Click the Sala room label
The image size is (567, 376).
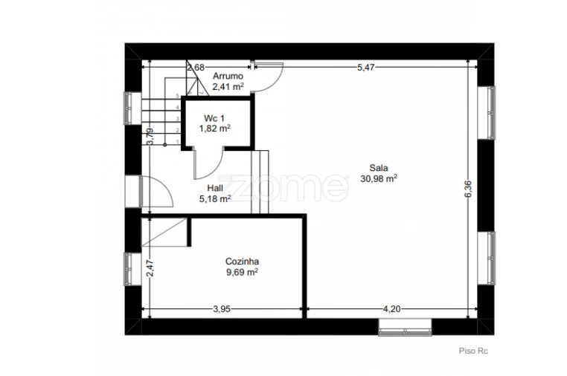pos(379,168)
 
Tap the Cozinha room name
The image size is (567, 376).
pos(242,262)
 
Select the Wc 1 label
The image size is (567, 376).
pos(214,118)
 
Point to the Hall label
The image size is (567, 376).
pos(215,188)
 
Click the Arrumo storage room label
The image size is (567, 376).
pos(228,77)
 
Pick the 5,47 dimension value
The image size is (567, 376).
pos(366,68)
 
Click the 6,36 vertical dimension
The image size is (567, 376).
pos(468,189)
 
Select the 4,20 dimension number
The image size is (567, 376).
pos(391,309)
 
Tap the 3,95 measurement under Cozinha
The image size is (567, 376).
pos(222,309)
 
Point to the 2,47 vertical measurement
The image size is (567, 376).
pos(150,268)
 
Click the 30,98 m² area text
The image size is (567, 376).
pos(379,178)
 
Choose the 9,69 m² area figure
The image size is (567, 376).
pos(242,272)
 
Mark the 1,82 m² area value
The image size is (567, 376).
pos(215,129)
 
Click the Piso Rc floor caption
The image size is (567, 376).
pos(473,351)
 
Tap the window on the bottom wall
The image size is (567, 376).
pos(405,327)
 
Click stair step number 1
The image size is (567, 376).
pos(178,142)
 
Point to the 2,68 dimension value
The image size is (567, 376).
pos(196,68)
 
